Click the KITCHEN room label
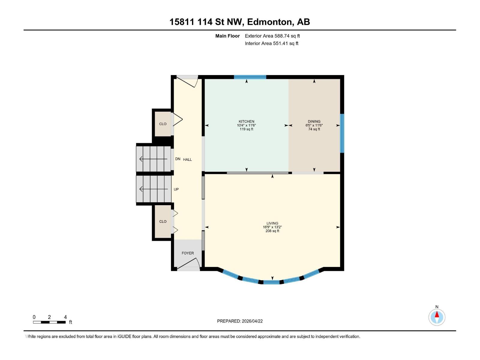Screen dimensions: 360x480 (246, 121)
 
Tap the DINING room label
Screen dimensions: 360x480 (314, 121)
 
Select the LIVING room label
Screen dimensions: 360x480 (272, 223)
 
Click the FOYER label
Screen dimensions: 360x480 (188, 253)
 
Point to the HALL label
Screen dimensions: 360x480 (187, 160)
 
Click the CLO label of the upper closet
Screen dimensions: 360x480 (163, 124)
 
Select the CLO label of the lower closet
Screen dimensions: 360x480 (163, 221)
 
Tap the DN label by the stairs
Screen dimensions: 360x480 (178, 159)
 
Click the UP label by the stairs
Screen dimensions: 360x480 (176, 189)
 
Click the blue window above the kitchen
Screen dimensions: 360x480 (250, 77)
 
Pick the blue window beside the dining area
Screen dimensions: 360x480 (342, 133)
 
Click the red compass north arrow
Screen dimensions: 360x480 (437, 315)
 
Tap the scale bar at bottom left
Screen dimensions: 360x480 (49, 322)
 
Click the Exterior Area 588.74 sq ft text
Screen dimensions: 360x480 (272, 36)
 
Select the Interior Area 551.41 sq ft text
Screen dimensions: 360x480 (271, 43)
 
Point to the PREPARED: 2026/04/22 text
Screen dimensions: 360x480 (240, 321)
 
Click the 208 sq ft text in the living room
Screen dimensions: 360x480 (272, 231)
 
